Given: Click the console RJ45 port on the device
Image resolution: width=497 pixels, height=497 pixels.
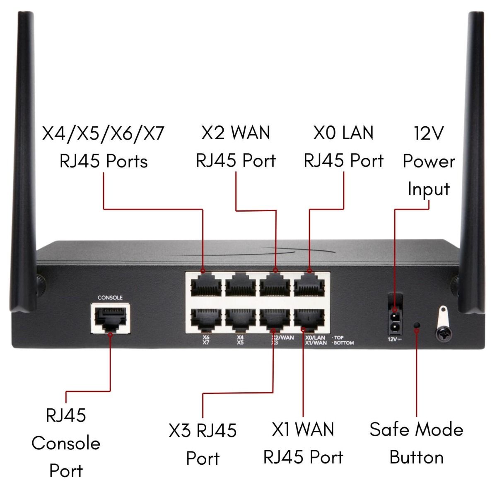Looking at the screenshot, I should tap(109, 318).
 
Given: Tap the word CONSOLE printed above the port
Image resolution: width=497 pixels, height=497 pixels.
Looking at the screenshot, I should tap(110, 298).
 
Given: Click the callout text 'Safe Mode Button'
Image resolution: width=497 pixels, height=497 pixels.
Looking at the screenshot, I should tap(416, 443).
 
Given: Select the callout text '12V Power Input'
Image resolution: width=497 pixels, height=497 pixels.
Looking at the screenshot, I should tap(429, 162).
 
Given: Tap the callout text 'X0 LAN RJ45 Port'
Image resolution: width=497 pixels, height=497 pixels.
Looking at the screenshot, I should tap(343, 147).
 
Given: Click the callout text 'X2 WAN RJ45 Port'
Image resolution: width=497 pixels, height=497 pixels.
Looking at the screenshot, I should tap(236, 147).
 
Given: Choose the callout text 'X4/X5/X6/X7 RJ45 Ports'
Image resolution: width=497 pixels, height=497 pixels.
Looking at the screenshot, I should tap(104, 147).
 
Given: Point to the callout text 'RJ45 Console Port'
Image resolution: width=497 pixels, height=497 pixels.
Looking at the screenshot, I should tap(66, 443).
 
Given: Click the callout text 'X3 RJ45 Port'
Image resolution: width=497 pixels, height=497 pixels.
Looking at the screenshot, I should tap(203, 444).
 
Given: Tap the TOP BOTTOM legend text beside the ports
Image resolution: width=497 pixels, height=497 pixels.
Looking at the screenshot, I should tap(343, 340).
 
